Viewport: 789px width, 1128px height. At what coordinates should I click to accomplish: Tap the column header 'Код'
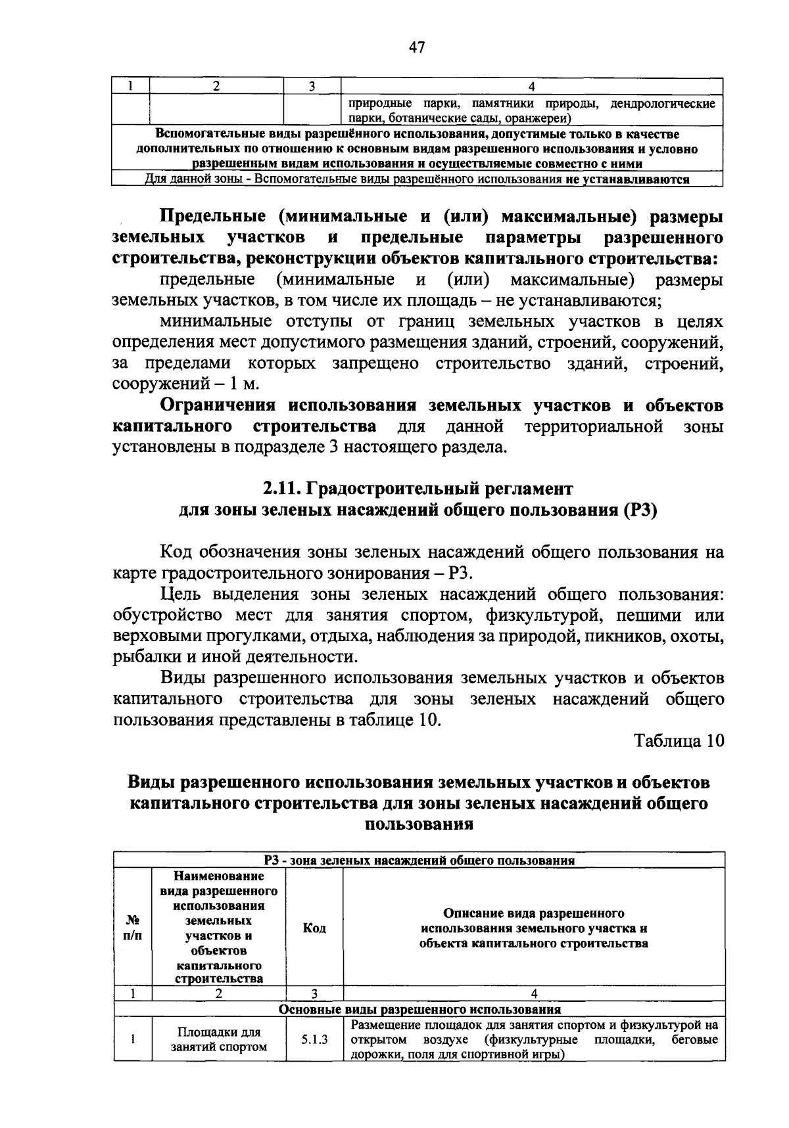pos(314,928)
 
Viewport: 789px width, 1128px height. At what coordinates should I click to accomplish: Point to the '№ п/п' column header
pos(132,928)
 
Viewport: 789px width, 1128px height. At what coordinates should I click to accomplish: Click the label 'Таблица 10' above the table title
pos(679,741)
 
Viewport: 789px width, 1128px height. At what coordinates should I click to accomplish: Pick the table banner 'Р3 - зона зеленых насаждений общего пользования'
pos(419,861)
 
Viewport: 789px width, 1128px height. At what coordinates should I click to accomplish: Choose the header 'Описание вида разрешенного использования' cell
pos(533,928)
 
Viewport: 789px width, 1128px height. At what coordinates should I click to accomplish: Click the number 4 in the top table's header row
pos(531,86)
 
